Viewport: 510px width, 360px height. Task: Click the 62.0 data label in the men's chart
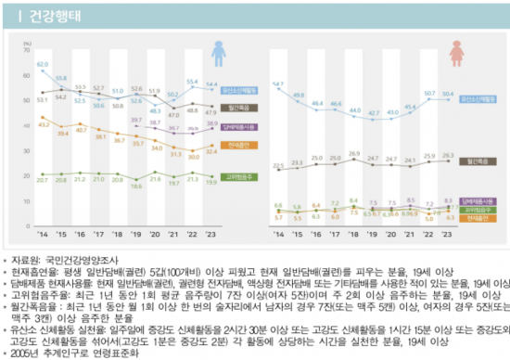[x=43, y=64]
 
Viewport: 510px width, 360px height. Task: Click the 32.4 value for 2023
[x=212, y=151]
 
